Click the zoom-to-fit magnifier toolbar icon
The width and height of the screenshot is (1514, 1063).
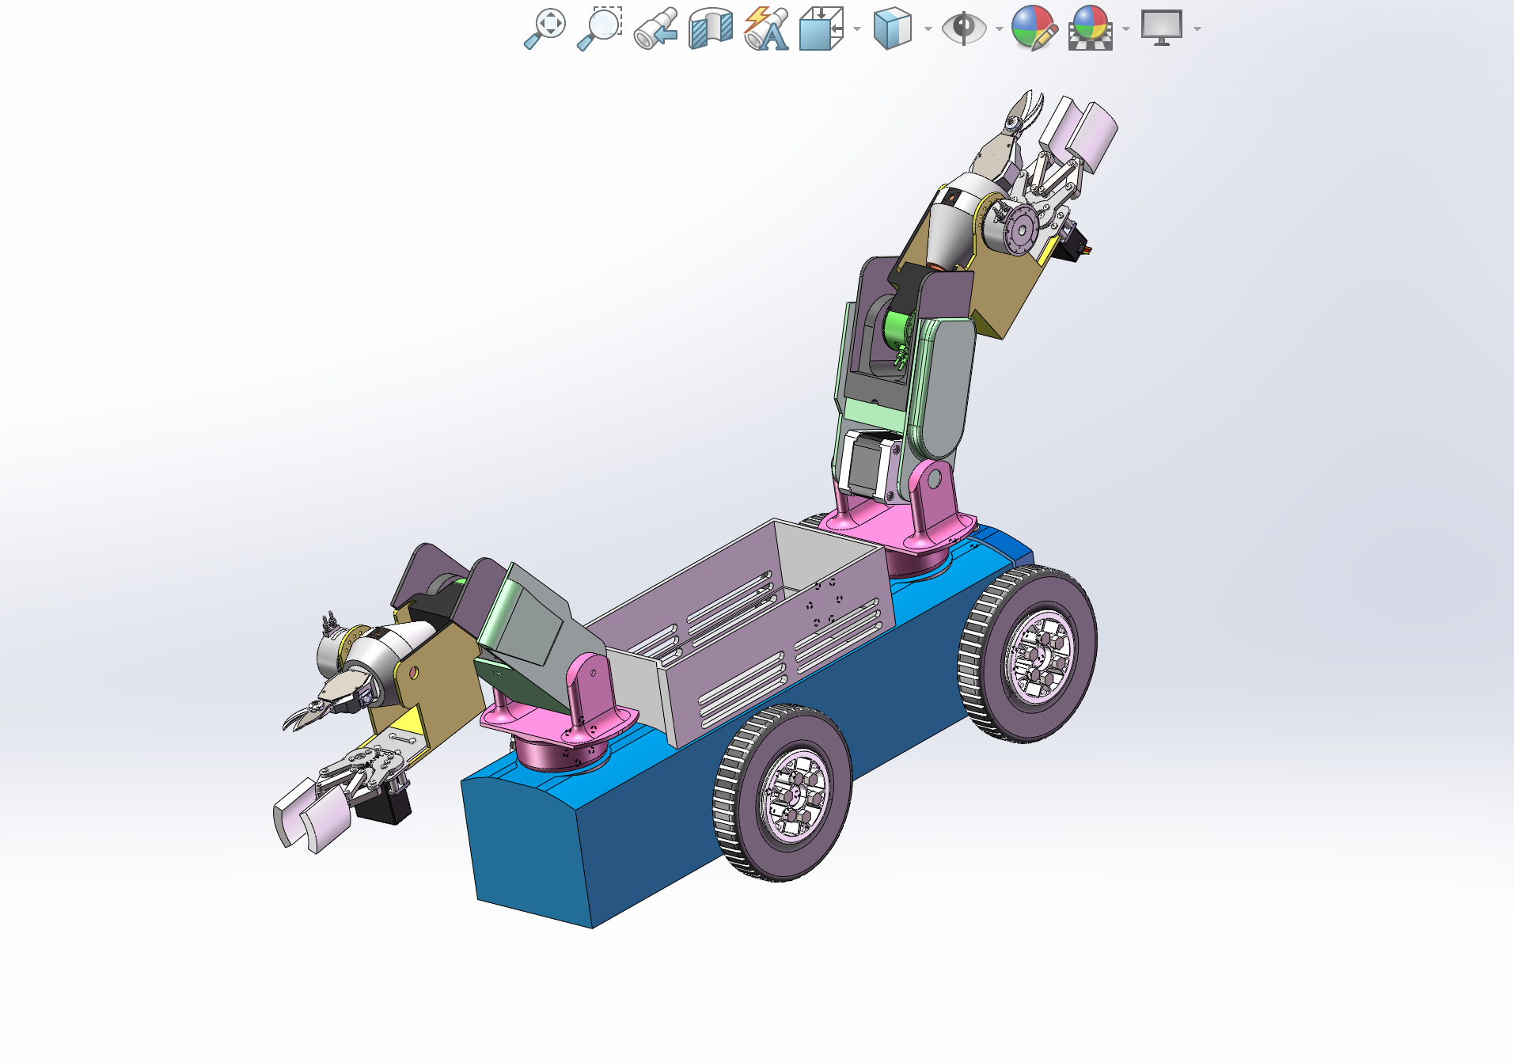545,28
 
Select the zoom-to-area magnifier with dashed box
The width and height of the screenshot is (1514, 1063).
600,28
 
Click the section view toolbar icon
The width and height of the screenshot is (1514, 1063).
710,29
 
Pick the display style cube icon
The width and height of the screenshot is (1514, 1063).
892,29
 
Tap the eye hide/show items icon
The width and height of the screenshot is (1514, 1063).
963,29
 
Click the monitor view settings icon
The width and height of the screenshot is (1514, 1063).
1161,28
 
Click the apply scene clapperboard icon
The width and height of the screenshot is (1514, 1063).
1091,29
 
